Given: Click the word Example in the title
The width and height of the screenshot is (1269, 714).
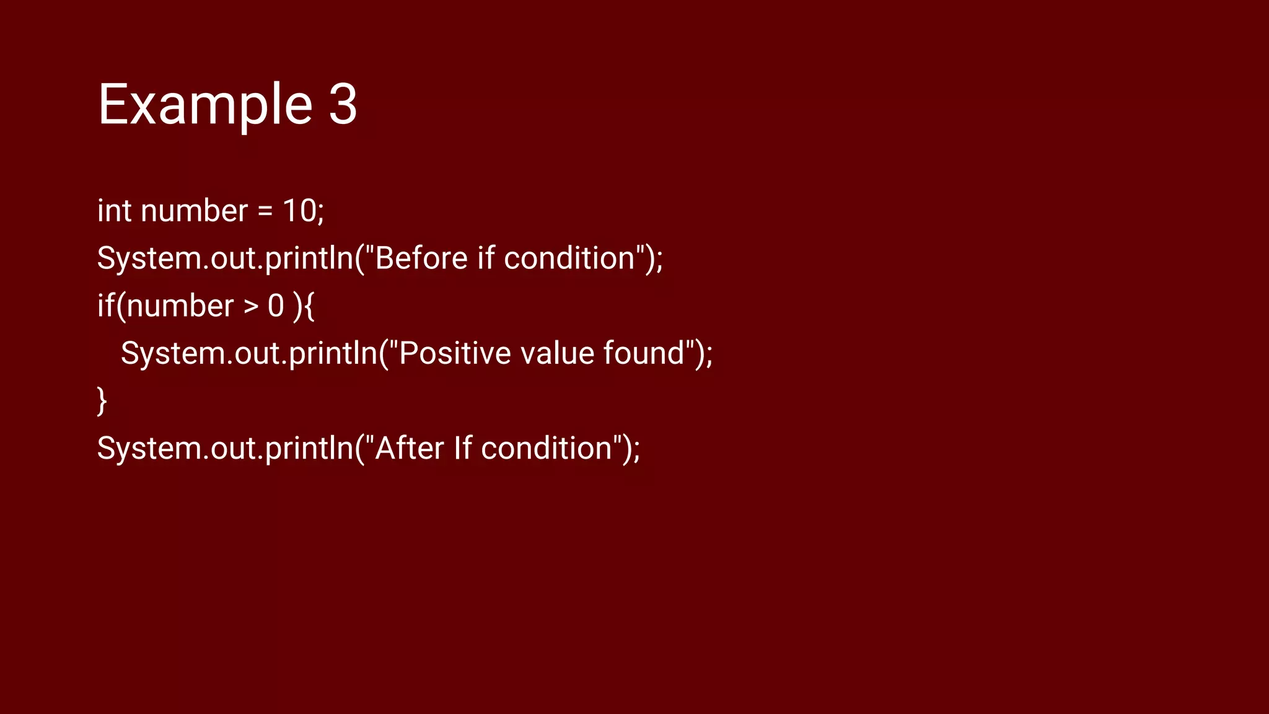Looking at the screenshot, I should click(x=205, y=105).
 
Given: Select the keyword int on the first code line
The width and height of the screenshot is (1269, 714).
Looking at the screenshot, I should click(x=114, y=211).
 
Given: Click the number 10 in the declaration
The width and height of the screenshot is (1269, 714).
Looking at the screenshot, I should click(x=299, y=211).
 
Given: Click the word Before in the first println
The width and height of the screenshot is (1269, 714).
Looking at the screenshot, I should click(x=421, y=258).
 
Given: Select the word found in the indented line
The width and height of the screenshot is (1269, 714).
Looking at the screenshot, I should click(x=644, y=353).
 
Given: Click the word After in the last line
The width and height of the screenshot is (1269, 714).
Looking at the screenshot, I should click(x=410, y=448).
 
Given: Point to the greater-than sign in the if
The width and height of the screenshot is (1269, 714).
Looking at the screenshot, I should click(x=250, y=307).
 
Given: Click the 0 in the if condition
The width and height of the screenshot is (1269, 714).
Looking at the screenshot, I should click(x=276, y=306).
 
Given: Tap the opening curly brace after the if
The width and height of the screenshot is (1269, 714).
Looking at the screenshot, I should click(x=309, y=306).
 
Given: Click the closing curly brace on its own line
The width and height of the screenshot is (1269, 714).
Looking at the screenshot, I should click(x=102, y=401).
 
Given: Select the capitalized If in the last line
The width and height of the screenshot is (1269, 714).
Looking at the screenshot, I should click(x=462, y=448).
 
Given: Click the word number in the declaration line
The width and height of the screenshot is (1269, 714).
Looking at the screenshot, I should click(x=194, y=211).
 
